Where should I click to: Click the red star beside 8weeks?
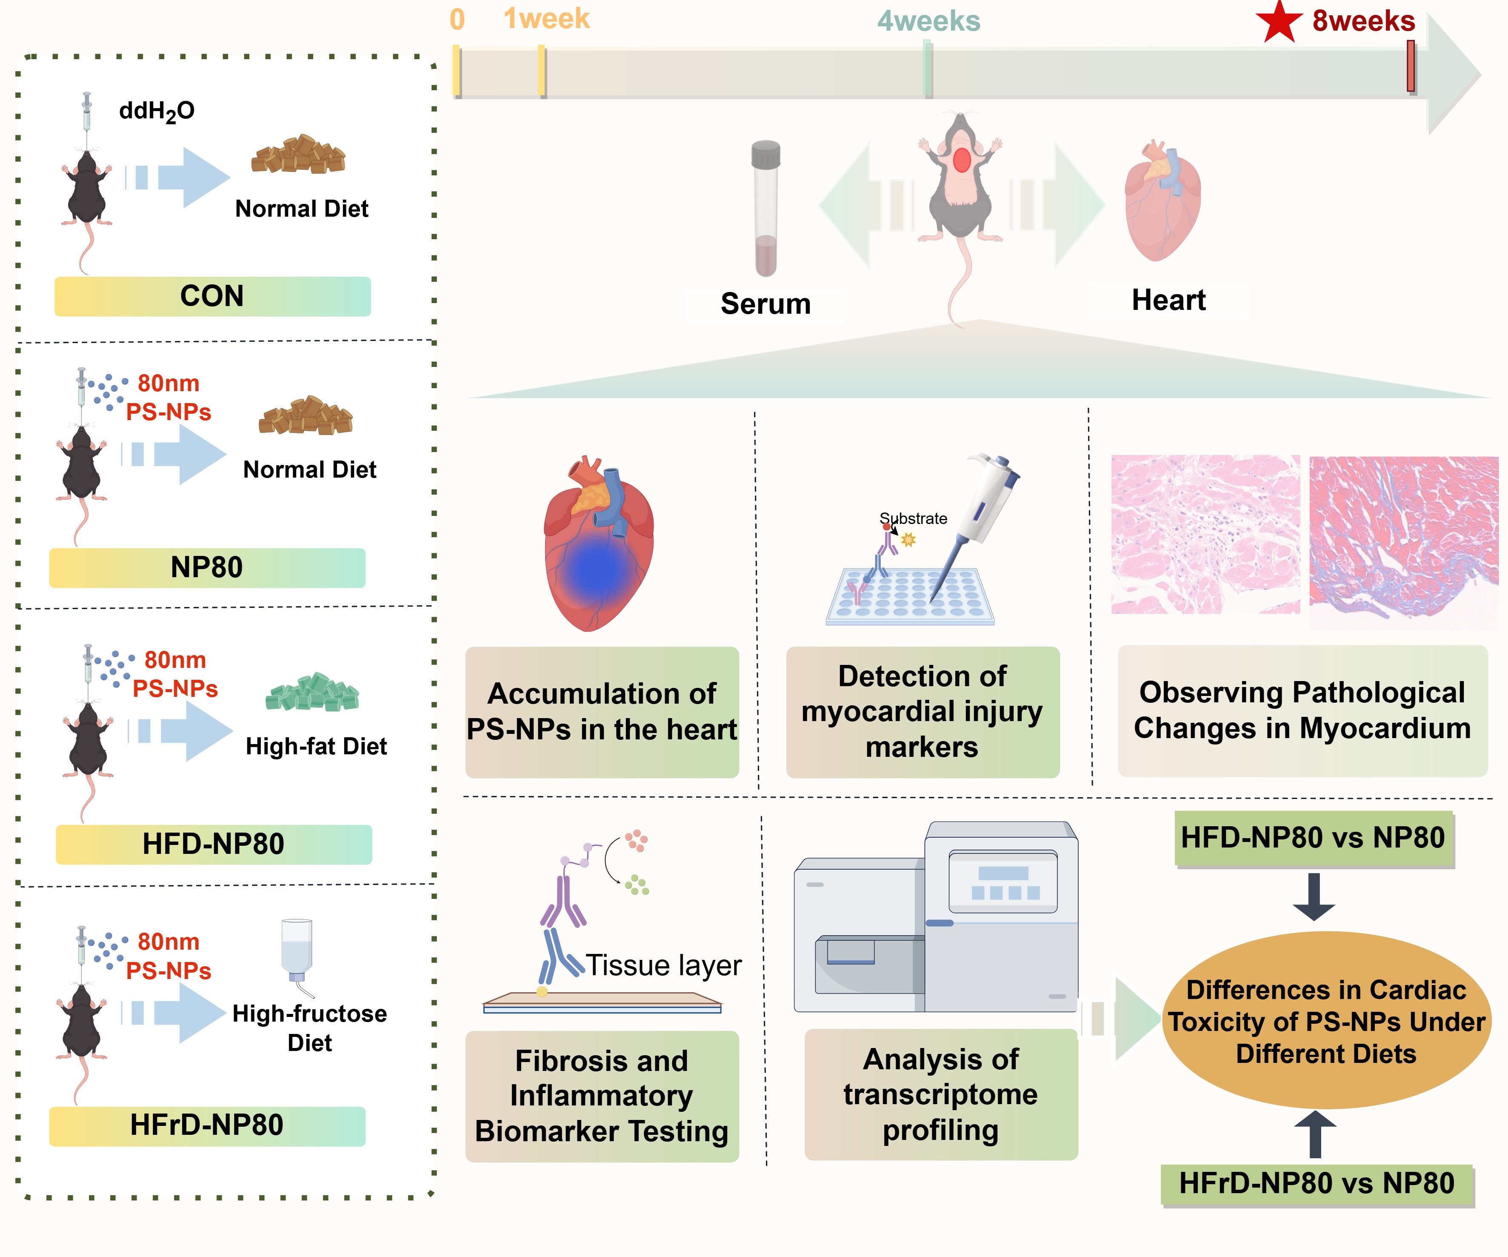click(x=1279, y=22)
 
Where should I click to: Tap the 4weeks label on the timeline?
click(x=928, y=22)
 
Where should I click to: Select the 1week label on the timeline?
click(x=546, y=19)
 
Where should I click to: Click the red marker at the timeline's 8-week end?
click(x=1410, y=66)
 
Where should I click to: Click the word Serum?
click(x=765, y=304)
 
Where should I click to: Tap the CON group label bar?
click(x=213, y=296)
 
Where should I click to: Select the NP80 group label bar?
click(x=207, y=567)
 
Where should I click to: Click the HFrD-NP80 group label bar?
click(x=207, y=1125)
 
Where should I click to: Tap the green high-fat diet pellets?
click(x=312, y=692)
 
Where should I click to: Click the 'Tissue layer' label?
click(x=663, y=965)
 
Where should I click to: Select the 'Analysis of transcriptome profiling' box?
click(x=941, y=1094)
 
